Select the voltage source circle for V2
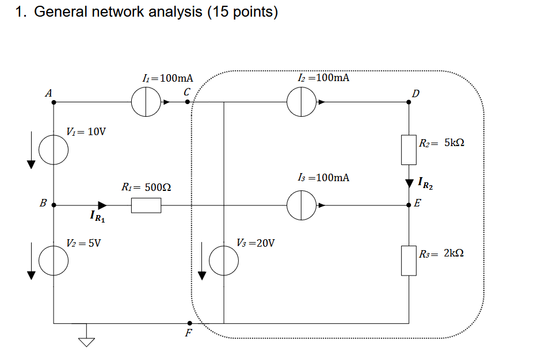tap(54, 262)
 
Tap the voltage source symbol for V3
tap(223, 262)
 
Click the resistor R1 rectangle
tap(146, 205)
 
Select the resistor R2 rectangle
tap(409, 150)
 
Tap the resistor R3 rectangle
tap(409, 261)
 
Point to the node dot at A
tap(54, 103)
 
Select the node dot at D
tap(409, 103)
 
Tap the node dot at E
tap(409, 205)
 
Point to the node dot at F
tap(189, 324)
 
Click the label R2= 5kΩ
tap(441, 143)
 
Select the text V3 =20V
tap(255, 243)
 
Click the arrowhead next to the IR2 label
tap(409, 183)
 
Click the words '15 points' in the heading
tap(241, 13)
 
